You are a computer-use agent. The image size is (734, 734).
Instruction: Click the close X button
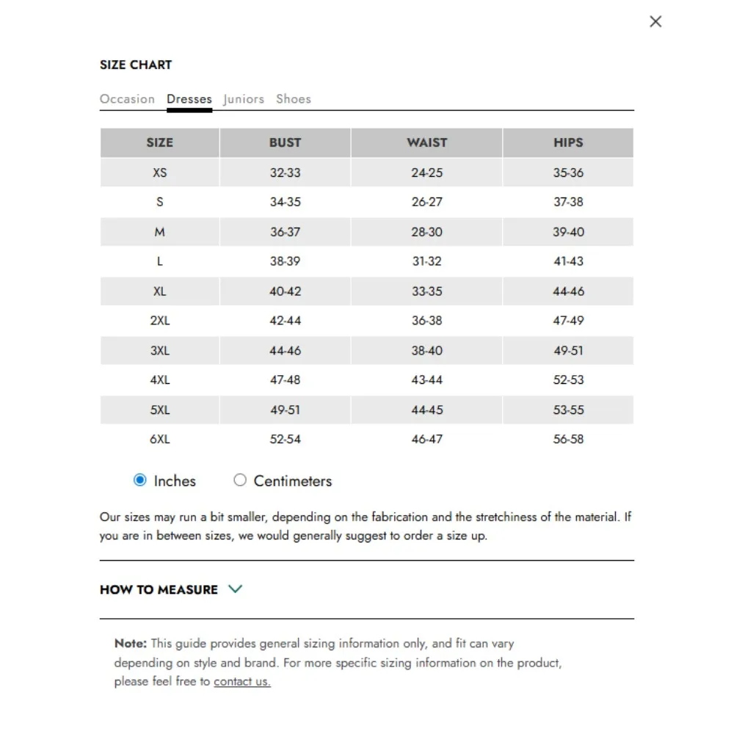[x=655, y=21]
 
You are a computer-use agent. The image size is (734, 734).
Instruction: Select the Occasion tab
[x=127, y=99]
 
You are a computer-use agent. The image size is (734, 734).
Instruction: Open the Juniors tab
[x=244, y=99]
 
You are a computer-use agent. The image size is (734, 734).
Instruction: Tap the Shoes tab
[x=294, y=99]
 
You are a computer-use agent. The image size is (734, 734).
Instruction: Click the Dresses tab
[x=189, y=99]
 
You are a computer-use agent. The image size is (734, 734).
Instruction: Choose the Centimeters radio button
[x=240, y=481]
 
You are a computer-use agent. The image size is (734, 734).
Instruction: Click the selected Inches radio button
[x=140, y=481]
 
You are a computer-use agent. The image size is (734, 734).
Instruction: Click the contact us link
[x=242, y=681]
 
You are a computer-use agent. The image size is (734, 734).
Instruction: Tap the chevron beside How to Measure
[x=235, y=589]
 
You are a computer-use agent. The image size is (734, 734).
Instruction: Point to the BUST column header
[x=285, y=142]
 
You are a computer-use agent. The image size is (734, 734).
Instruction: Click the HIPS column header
[x=568, y=142]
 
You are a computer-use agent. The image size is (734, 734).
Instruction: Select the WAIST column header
[x=426, y=142]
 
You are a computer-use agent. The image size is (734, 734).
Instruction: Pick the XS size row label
[x=160, y=172]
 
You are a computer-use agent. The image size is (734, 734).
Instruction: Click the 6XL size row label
[x=160, y=439]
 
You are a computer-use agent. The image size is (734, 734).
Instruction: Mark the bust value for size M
[x=285, y=232]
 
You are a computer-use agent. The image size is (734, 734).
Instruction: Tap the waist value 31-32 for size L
[x=426, y=261]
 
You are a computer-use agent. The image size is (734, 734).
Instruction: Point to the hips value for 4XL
[x=568, y=380]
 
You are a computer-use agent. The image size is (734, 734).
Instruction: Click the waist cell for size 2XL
[x=426, y=321]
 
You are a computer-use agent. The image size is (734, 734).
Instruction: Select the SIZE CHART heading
[x=136, y=65]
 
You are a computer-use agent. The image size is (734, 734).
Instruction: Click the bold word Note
[x=130, y=644]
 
